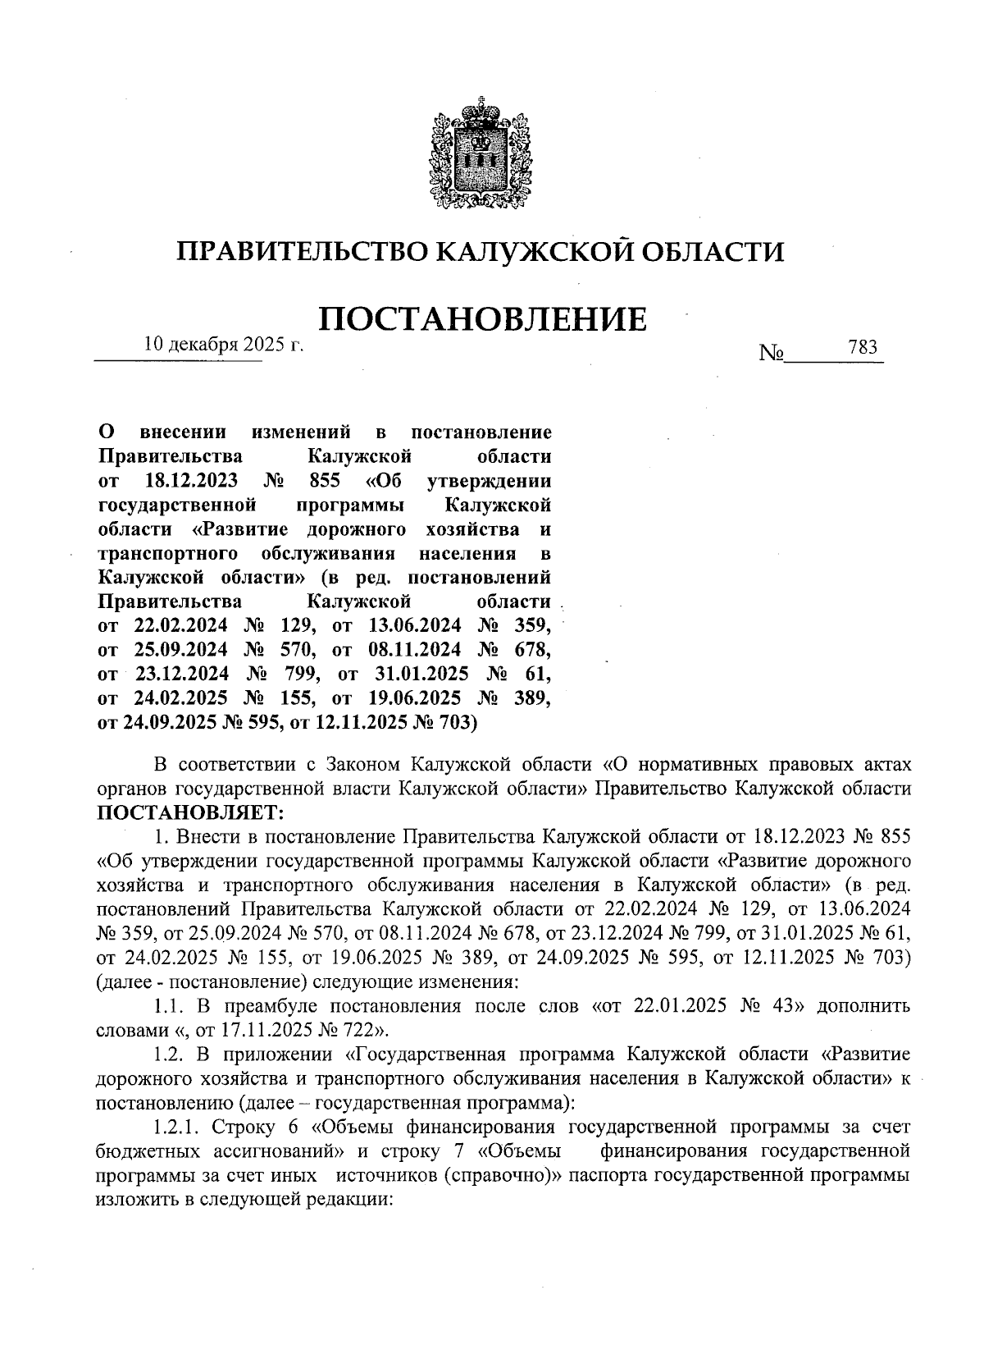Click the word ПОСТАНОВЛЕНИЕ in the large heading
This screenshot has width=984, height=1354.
[x=482, y=318]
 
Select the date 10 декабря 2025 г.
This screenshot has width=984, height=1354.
[x=223, y=345]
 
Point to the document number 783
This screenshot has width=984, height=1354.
[x=863, y=347]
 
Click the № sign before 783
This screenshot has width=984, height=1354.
[x=772, y=353]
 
